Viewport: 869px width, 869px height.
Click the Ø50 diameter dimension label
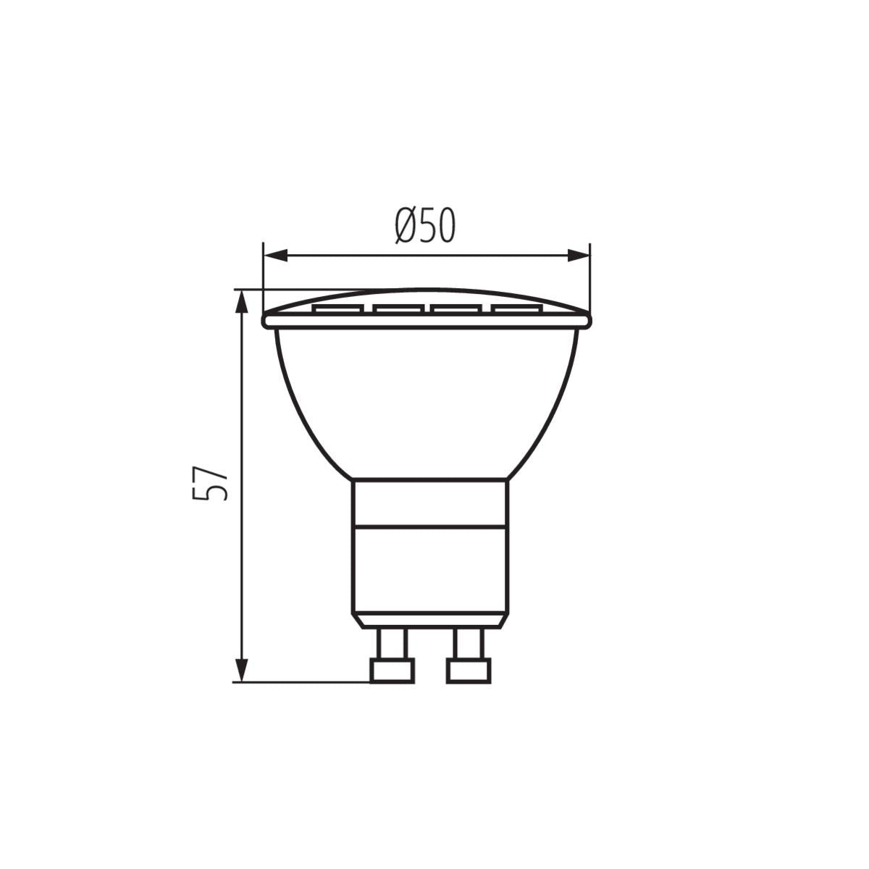(425, 225)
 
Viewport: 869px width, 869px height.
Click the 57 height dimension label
(210, 483)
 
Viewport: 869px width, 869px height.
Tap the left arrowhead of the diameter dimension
(275, 255)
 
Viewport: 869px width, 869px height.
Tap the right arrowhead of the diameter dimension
(578, 255)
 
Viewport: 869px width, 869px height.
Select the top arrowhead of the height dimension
(242, 301)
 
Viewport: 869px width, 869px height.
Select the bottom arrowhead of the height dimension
(242, 670)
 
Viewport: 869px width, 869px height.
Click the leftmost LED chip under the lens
(339, 309)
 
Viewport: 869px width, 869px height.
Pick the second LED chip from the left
(398, 309)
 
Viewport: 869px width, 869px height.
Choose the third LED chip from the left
(456, 309)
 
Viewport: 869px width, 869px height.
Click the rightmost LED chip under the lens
(517, 309)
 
